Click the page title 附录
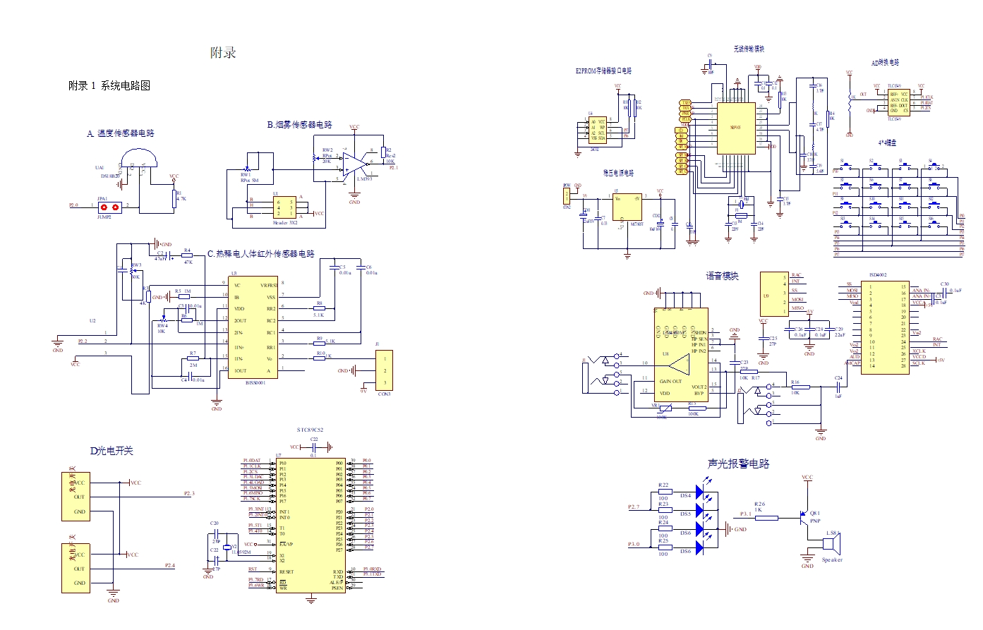click(223, 53)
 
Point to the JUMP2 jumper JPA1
click(109, 207)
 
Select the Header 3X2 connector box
click(285, 207)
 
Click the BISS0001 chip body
click(253, 327)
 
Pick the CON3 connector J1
click(384, 371)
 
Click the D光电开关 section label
click(111, 451)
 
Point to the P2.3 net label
click(189, 493)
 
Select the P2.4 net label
click(170, 565)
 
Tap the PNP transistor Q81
click(805, 519)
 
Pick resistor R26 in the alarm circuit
click(766, 518)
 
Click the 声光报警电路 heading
click(738, 464)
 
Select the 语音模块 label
click(722, 276)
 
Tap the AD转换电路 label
click(885, 63)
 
